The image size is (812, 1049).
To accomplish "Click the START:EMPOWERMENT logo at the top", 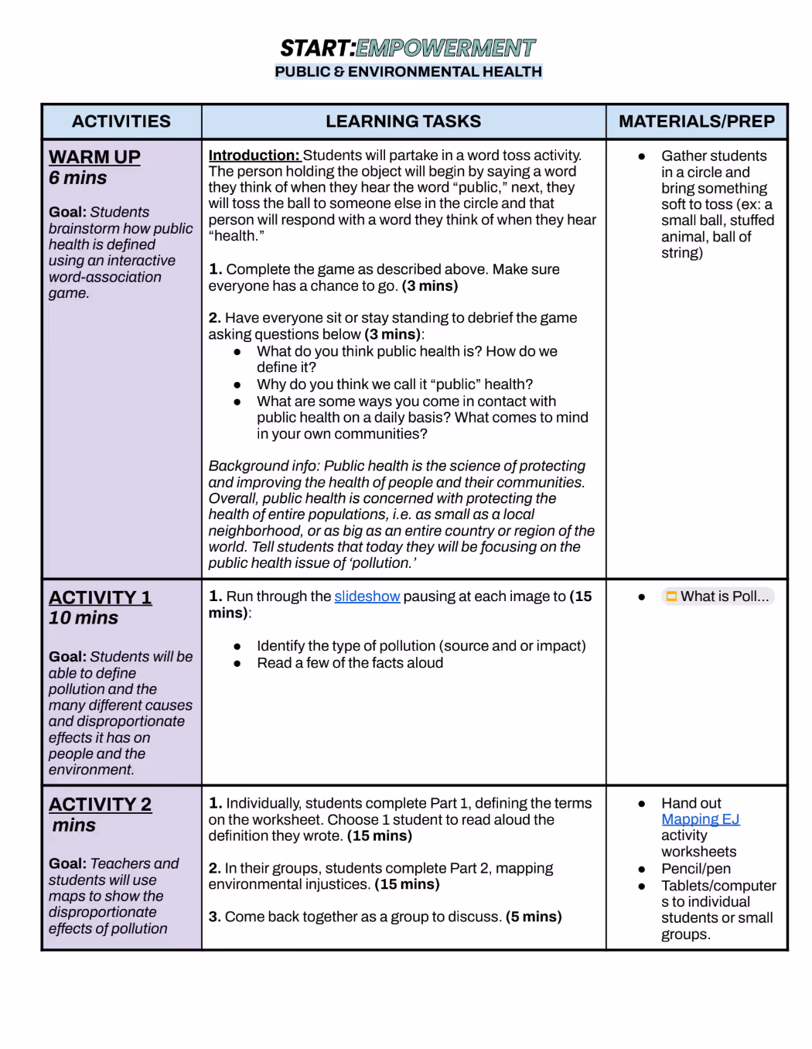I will [x=408, y=49].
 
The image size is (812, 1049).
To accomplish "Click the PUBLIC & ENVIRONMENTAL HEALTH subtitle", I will [x=408, y=72].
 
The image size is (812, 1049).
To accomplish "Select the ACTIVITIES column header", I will [x=121, y=121].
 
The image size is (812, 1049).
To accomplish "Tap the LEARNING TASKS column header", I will [x=403, y=121].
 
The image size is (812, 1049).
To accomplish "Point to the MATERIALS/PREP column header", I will [x=696, y=121].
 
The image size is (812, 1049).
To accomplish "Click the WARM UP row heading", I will [x=94, y=157].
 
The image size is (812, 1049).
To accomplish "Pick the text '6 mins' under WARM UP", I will [x=78, y=178].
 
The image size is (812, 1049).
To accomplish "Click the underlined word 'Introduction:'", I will [x=254, y=155].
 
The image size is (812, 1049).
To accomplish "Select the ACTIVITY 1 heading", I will [x=101, y=597].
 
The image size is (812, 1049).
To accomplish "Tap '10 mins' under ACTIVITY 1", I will [x=84, y=618].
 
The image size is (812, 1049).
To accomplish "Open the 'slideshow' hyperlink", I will [x=367, y=596].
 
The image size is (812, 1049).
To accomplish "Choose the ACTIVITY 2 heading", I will [x=101, y=805].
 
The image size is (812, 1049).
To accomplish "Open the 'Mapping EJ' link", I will [x=700, y=819].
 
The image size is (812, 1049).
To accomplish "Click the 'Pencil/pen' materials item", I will [x=695, y=869].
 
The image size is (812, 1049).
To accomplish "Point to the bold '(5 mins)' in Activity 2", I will [x=534, y=917].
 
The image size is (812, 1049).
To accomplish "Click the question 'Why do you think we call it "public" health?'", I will [x=394, y=384].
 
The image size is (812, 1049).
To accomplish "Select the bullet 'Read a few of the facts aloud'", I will [x=350, y=663].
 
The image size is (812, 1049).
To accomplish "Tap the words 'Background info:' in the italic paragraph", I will [x=264, y=466].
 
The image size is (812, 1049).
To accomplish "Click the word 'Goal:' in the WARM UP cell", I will [x=67, y=212].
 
